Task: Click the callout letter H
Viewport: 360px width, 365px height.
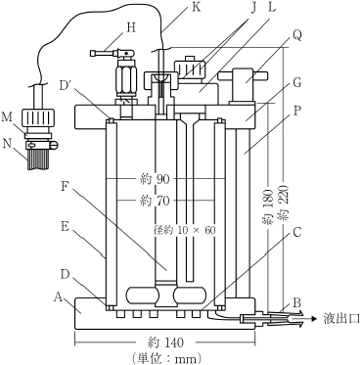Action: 131,28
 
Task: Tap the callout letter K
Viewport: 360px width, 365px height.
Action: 196,7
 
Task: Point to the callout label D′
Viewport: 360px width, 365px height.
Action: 67,85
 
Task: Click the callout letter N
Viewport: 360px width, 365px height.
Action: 7,143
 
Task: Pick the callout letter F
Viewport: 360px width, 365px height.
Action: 65,187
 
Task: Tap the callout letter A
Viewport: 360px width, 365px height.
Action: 58,297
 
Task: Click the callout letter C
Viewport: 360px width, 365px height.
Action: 297,233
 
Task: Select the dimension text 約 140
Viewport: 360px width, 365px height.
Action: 165,342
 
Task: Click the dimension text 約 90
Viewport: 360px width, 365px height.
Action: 155,179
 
